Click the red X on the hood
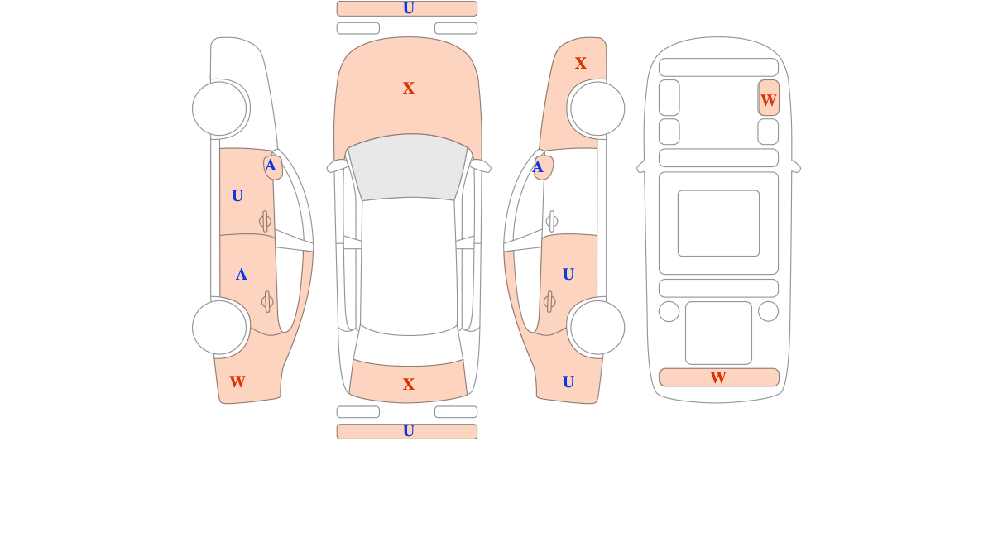pyautogui.click(x=408, y=88)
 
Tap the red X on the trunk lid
pyautogui.click(x=408, y=384)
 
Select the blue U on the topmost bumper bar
pyautogui.click(x=408, y=8)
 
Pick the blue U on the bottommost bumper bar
pyautogui.click(x=408, y=431)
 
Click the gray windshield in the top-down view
pyautogui.click(x=408, y=167)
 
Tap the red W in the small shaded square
pyautogui.click(x=768, y=100)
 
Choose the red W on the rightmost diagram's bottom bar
pyautogui.click(x=718, y=377)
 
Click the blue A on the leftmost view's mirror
pyautogui.click(x=270, y=166)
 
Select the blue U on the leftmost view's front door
pyautogui.click(x=237, y=195)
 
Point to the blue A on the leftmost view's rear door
pyautogui.click(x=241, y=275)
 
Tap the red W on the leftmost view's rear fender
pyautogui.click(x=237, y=381)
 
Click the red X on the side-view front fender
pyautogui.click(x=580, y=63)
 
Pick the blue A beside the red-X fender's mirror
pyautogui.click(x=538, y=167)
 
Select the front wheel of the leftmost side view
pyautogui.click(x=219, y=108)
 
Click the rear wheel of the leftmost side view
pyautogui.click(x=219, y=328)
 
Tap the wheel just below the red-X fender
pyautogui.click(x=597, y=108)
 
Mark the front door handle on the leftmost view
pyautogui.click(x=265, y=221)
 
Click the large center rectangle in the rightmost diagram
pyautogui.click(x=718, y=223)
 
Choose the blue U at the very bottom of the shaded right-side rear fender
pyautogui.click(x=568, y=381)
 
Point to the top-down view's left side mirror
pyautogui.click(x=338, y=166)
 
